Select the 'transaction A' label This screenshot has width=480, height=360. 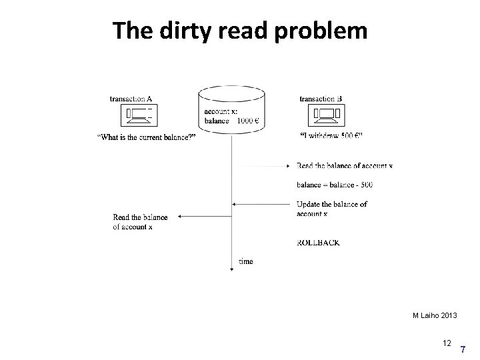[x=131, y=99]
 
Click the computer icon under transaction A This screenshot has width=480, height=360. [x=139, y=117]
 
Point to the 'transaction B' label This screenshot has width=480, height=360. [x=321, y=99]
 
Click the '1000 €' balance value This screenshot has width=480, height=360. [x=249, y=121]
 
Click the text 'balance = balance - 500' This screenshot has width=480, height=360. [x=335, y=184]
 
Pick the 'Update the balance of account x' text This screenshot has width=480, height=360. [x=331, y=209]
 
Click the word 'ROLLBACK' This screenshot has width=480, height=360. [x=318, y=243]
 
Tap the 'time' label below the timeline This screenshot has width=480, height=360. [x=246, y=261]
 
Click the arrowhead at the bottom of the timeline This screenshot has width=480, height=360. [x=231, y=267]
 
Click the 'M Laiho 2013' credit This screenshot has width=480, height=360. [x=433, y=315]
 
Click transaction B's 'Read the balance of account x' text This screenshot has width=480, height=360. [x=345, y=165]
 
